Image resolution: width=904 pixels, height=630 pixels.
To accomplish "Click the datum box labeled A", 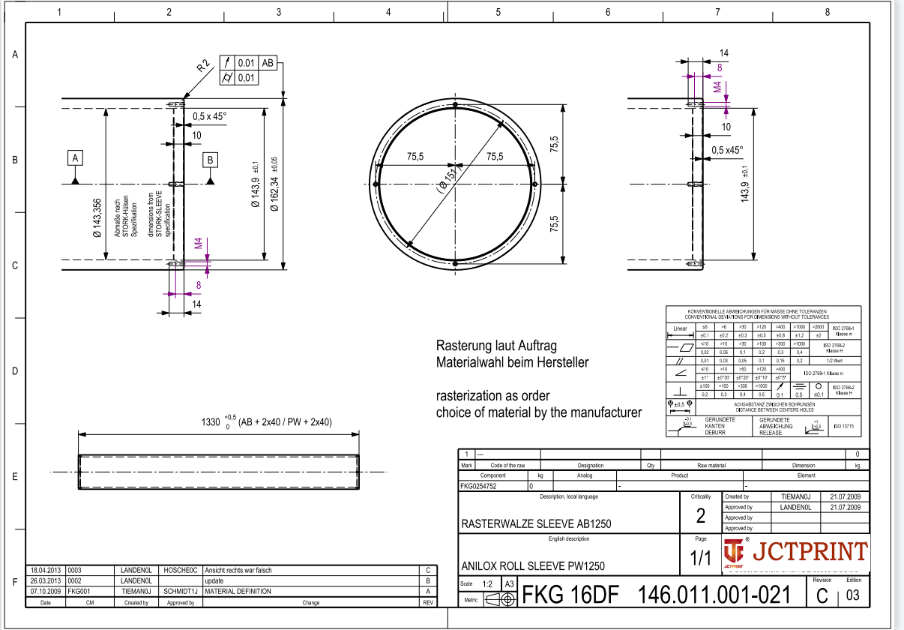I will click(75, 158).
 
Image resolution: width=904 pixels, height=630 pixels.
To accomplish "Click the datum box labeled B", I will click(211, 160).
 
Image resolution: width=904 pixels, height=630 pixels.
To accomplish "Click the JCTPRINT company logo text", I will click(808, 552).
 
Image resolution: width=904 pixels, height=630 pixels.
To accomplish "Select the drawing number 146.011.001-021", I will click(714, 595).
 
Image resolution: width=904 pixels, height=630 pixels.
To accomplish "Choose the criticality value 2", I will click(701, 516).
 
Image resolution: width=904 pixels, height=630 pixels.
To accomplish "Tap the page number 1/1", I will click(701, 558).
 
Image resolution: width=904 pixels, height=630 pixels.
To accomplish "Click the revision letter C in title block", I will click(822, 596).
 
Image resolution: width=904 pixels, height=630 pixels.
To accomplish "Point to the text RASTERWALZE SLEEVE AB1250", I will click(536, 523).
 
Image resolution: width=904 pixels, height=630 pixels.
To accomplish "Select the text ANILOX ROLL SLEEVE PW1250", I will click(533, 565).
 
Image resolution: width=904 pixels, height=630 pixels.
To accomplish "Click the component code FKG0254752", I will click(478, 486).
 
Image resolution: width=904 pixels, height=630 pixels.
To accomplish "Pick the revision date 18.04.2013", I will click(46, 570).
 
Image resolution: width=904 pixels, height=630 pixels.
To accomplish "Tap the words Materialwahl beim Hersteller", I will click(512, 362).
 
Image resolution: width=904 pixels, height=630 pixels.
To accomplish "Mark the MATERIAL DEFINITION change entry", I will click(238, 591).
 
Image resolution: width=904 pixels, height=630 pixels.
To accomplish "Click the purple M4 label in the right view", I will click(717, 87).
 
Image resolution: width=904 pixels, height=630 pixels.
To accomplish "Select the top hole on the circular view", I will click(456, 105).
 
